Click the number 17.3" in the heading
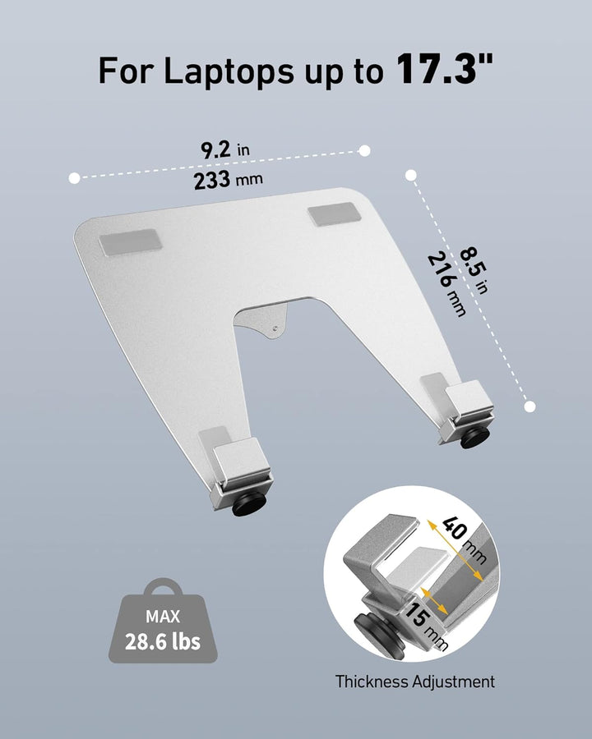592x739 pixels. (445, 71)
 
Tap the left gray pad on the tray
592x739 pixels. (132, 243)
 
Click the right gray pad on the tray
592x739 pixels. (334, 215)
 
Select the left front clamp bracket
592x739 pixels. (238, 468)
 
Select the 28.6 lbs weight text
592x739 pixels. (163, 641)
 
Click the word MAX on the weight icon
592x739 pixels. (163, 616)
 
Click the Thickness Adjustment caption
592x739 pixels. (415, 682)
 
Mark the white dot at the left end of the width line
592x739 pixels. (75, 177)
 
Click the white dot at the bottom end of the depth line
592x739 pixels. (530, 406)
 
